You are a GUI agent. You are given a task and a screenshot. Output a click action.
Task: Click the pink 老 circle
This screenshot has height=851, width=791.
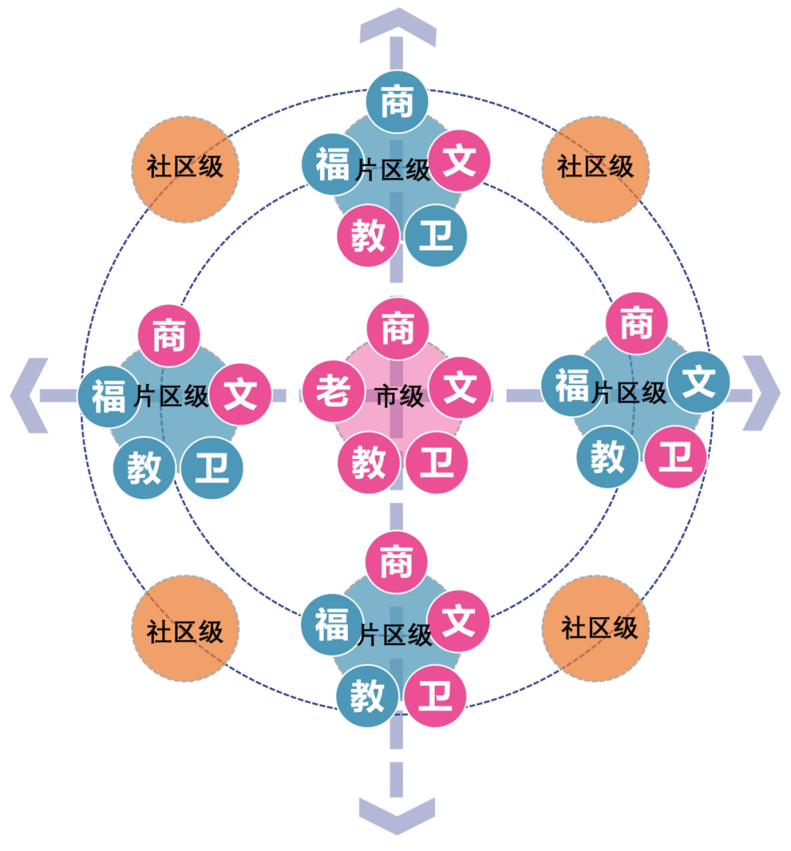coord(334,390)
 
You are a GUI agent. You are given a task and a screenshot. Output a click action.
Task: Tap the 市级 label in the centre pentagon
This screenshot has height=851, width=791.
coord(399,396)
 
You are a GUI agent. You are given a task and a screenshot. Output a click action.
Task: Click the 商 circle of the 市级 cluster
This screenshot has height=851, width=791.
coord(397,328)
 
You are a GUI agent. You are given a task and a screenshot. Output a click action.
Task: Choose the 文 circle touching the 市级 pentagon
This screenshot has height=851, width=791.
coord(460,387)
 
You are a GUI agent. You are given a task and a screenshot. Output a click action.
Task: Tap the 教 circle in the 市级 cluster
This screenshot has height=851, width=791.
coord(368,463)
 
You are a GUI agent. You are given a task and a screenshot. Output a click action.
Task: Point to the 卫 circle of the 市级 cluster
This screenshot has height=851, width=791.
coord(437,463)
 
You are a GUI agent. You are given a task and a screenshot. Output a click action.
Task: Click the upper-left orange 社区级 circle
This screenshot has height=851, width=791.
coord(185,168)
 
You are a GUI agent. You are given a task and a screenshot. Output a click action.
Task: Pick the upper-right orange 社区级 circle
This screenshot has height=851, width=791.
coord(595,168)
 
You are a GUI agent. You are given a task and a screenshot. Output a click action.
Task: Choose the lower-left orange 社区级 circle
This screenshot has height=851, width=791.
coord(185,630)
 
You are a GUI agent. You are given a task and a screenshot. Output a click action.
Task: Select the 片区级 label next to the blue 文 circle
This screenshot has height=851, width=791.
coord(629,393)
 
